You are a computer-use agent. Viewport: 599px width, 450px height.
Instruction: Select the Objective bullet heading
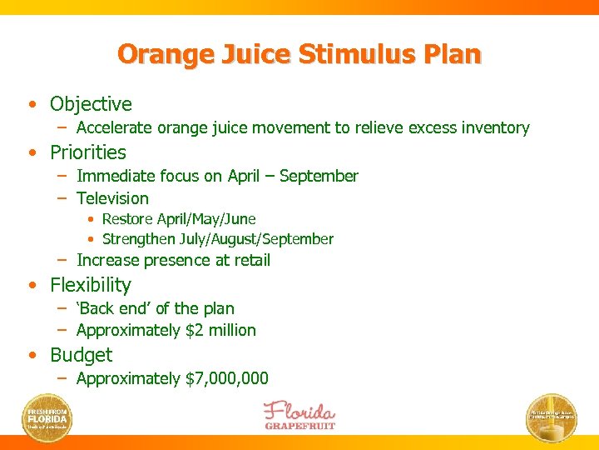(91, 104)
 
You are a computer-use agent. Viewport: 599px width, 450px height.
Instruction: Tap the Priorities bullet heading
(88, 152)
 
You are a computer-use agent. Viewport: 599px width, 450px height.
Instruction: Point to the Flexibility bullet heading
(91, 285)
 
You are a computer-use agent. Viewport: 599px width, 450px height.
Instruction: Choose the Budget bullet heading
(81, 355)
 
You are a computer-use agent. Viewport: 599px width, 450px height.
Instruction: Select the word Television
(112, 198)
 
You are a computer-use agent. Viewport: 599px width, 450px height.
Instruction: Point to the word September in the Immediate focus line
(319, 176)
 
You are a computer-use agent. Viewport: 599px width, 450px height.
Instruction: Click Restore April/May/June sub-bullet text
(178, 219)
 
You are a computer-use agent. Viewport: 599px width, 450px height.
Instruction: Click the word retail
(249, 261)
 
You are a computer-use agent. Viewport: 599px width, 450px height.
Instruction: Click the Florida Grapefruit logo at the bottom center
(299, 414)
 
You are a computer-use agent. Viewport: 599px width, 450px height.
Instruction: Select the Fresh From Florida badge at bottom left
(48, 416)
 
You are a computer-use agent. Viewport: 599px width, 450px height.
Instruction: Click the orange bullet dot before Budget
(32, 356)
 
